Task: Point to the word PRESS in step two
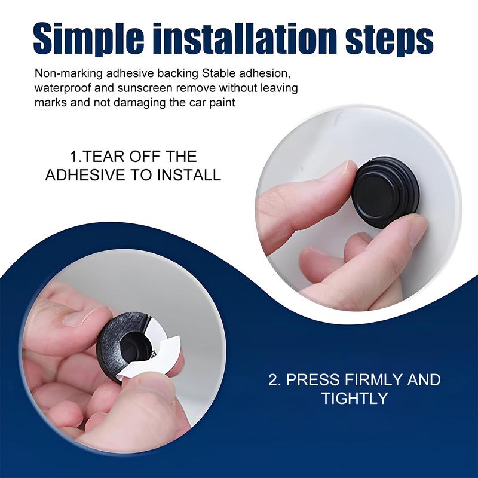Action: point(314,380)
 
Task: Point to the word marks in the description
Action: point(50,102)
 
